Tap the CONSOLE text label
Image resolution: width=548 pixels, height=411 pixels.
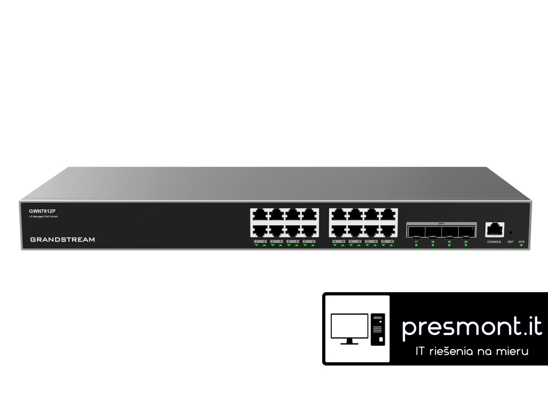[493, 242]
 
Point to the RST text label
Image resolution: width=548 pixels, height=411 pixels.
[511, 242]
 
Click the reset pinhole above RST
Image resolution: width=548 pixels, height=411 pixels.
[511, 233]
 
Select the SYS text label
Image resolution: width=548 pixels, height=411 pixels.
[522, 242]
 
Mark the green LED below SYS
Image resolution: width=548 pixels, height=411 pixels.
[522, 246]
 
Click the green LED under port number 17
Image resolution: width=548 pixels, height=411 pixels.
[416, 246]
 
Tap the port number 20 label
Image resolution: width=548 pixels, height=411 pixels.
[466, 242]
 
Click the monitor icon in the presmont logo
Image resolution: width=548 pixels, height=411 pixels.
[349, 328]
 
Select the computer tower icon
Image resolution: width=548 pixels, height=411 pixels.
[378, 328]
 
